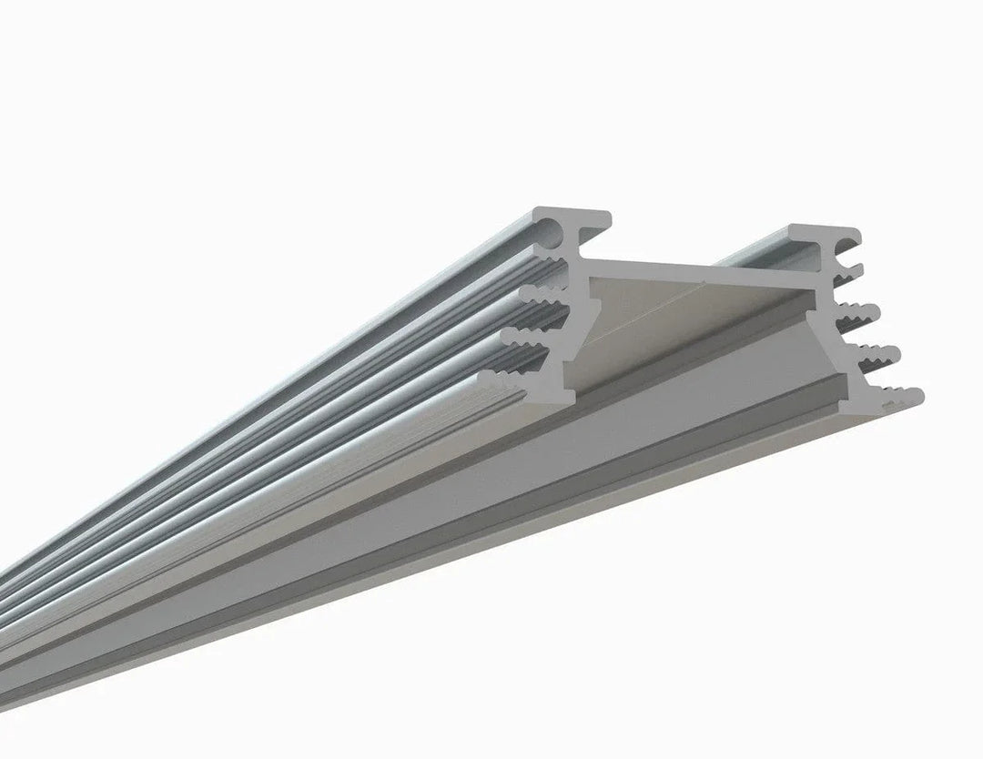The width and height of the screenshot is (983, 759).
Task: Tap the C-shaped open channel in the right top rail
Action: click(x=845, y=244)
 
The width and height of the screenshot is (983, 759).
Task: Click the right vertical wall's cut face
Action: click(x=833, y=337)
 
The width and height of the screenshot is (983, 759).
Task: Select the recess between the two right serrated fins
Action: click(x=851, y=335)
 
